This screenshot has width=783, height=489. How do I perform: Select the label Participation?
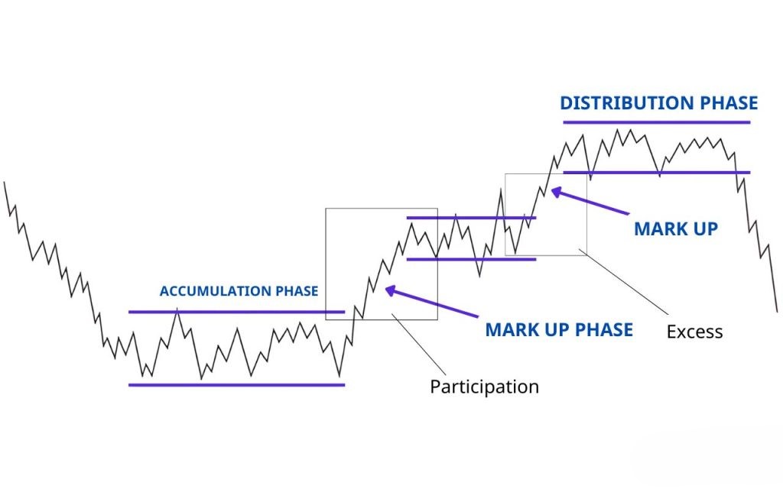click(x=484, y=387)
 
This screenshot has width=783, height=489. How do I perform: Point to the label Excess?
click(x=694, y=332)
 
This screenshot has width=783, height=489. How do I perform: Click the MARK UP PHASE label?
click(x=559, y=329)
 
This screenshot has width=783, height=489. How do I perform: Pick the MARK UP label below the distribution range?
click(x=676, y=228)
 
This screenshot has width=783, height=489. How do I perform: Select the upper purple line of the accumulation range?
click(x=236, y=312)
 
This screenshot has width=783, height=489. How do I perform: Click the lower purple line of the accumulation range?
click(x=236, y=384)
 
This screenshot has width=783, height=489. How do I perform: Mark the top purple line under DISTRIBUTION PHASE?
click(x=656, y=122)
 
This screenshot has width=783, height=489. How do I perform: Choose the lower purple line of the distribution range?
click(x=656, y=173)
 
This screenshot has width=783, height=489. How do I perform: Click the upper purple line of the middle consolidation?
click(x=470, y=218)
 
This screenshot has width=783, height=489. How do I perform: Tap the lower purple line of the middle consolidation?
click(x=470, y=259)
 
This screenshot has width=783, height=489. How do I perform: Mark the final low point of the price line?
click(x=776, y=311)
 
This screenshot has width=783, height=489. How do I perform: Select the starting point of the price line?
click(x=5, y=182)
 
